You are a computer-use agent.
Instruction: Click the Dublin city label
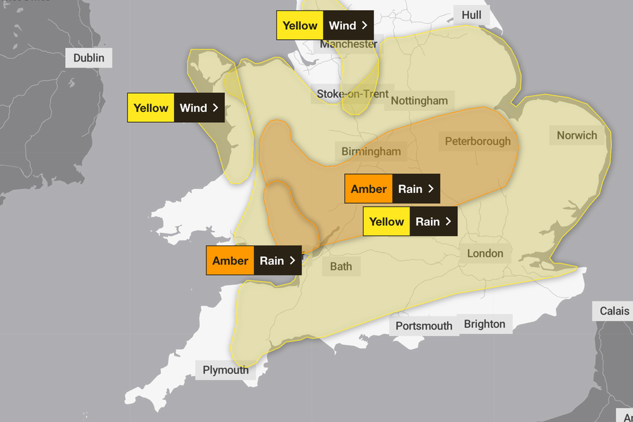click(89, 58)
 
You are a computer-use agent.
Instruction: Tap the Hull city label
click(471, 15)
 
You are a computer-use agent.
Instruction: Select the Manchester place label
click(348, 44)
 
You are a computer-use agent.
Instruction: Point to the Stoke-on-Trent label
click(353, 94)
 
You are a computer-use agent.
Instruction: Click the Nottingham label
click(419, 101)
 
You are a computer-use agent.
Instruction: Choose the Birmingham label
click(371, 152)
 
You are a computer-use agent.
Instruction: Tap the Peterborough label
click(477, 141)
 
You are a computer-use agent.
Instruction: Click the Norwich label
click(577, 135)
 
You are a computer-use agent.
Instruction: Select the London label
click(485, 254)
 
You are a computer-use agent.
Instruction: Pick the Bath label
click(341, 266)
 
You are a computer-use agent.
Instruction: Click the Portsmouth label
click(423, 326)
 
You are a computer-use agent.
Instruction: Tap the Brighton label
click(484, 325)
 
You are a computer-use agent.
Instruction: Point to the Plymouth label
click(225, 370)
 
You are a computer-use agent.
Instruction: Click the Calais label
click(614, 311)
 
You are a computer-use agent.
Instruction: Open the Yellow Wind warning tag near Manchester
click(325, 26)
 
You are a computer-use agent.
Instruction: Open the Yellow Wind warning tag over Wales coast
click(175, 108)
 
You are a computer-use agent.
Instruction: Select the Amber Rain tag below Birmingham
click(392, 189)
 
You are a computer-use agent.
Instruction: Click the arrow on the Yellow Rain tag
click(448, 221)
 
